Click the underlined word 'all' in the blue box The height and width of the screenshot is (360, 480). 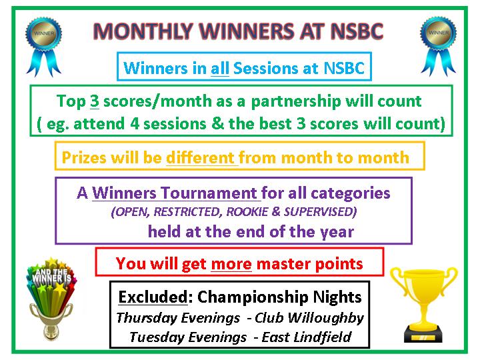[219, 68]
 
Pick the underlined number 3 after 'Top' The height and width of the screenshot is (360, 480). [94, 102]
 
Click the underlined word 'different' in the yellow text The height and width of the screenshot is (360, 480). [201, 158]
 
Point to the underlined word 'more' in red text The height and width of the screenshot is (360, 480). [231, 263]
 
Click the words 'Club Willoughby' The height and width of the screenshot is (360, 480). [313, 317]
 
